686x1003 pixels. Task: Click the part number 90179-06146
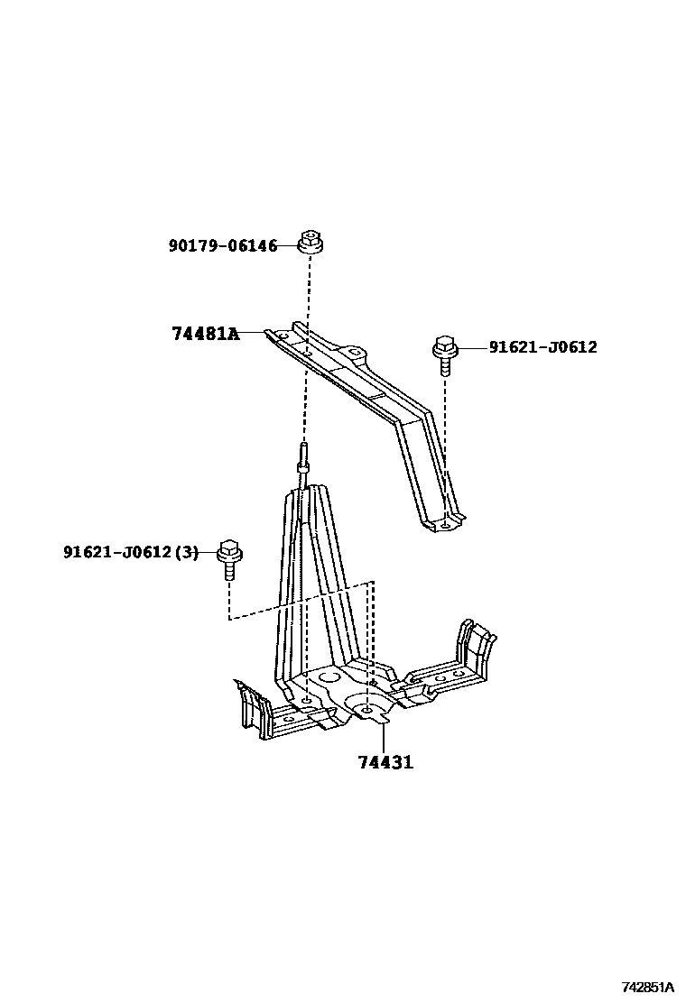tap(223, 245)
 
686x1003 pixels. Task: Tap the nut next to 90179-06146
tap(311, 244)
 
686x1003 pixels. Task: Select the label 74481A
tap(205, 334)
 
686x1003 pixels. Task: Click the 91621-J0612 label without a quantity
tap(542, 346)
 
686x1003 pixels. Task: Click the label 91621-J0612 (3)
tap(130, 552)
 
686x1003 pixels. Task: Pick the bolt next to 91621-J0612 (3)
tap(229, 559)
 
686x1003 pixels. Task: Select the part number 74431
tap(385, 763)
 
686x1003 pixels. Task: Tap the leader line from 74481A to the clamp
tap(254, 333)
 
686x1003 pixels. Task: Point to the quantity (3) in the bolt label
tap(185, 552)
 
